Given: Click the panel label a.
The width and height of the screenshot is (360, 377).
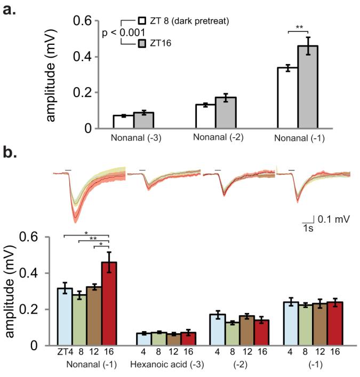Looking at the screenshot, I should [x=11, y=9].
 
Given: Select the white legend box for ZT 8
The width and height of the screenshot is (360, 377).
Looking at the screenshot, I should [x=142, y=21].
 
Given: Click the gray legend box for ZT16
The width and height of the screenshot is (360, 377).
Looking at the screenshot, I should [x=142, y=43].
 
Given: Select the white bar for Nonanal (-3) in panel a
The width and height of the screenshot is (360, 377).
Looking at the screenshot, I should [x=123, y=122].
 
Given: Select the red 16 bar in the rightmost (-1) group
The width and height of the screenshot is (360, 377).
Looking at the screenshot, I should [x=332, y=324].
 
